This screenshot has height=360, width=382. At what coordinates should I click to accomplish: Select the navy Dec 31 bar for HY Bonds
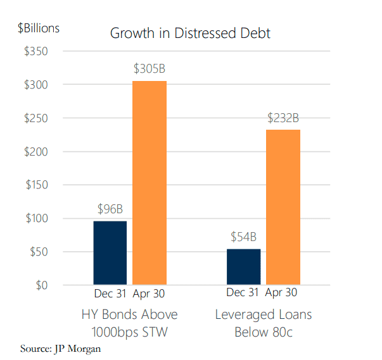point(110,252)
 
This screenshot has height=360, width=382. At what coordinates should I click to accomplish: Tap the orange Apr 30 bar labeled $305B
point(150,183)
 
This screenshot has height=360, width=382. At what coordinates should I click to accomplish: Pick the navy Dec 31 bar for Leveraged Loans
point(243,266)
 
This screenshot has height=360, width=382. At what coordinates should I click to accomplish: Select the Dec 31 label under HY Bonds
point(110,293)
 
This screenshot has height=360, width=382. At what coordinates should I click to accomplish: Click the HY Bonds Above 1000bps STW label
point(129,323)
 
